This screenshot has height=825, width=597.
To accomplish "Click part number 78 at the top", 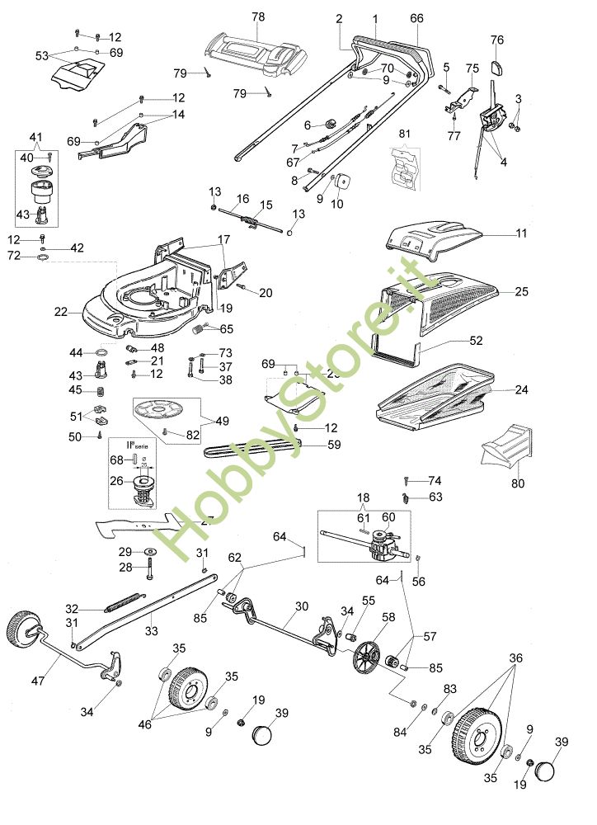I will pos(257,17).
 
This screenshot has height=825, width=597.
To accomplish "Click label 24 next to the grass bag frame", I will pos(521,389).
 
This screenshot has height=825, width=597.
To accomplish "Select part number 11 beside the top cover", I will pos(521,233).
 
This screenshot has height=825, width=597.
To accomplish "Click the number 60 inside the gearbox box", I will pos(388,516).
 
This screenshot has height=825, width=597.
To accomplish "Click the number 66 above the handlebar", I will pos(416,17).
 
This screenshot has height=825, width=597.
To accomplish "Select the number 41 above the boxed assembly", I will pos(35,136).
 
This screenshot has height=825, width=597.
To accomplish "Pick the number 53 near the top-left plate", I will pos(42,56).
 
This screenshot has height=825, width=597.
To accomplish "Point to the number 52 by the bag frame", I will pos(476,340).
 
